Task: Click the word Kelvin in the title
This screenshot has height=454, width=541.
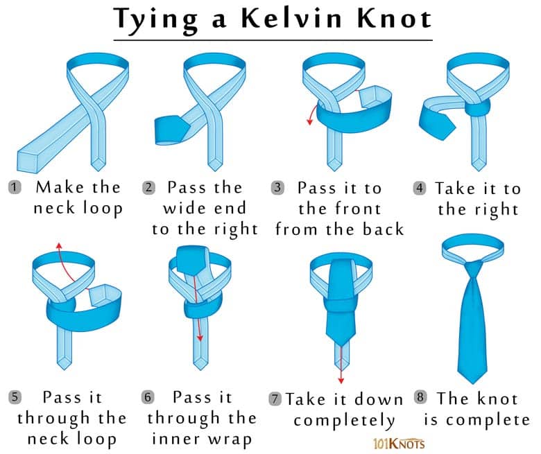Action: click(291, 18)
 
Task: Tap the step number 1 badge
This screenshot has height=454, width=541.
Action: click(15, 188)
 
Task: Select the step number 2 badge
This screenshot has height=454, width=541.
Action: click(148, 188)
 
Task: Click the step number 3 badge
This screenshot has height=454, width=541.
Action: click(277, 189)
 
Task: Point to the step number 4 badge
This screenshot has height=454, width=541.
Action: click(419, 189)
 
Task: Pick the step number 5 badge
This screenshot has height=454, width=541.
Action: click(15, 397)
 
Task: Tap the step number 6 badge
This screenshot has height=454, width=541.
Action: click(148, 397)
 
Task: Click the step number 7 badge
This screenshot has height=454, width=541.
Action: click(275, 399)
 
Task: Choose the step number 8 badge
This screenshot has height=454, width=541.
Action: click(420, 397)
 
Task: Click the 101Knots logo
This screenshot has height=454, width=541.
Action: click(399, 444)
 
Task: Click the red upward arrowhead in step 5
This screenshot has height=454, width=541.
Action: click(59, 245)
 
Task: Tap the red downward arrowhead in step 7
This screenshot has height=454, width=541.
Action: click(341, 381)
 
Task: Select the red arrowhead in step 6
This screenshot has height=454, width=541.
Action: click(200, 338)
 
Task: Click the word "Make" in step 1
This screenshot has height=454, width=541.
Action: click(60, 188)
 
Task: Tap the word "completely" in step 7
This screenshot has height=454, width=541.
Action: click(344, 421)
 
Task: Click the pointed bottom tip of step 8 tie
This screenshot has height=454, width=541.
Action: click(472, 383)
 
